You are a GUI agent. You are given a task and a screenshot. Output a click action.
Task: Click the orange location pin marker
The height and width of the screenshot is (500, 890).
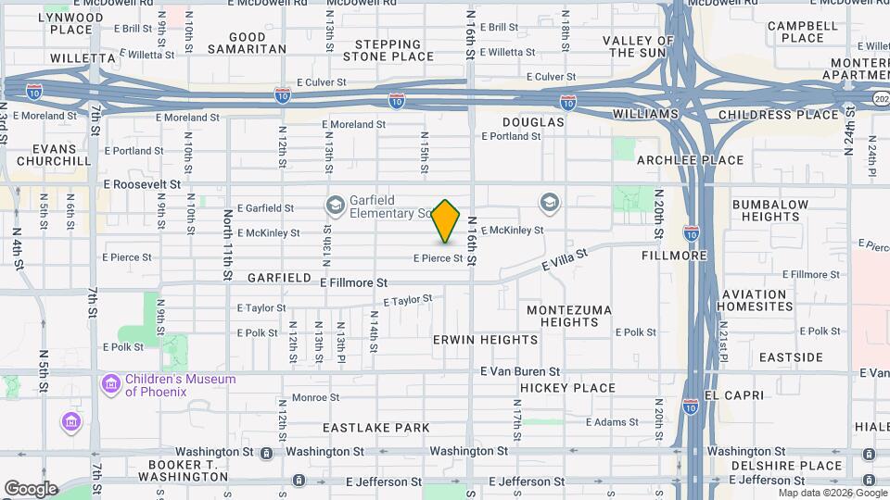coord(446,220)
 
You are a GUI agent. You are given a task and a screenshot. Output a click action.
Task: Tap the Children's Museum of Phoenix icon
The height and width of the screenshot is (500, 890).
coord(111,382)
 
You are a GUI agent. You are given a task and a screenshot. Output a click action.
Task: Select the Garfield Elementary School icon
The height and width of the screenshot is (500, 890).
coord(335,204)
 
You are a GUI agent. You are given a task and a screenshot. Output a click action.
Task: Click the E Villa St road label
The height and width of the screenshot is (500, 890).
coord(566,260)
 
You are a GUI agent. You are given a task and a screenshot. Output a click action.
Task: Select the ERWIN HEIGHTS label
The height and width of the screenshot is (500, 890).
coord(485,340)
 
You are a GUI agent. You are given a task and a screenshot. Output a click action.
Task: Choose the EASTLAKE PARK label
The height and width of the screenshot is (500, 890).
coord(376,428)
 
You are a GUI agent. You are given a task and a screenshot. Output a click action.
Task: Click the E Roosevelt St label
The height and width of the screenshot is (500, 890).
coord(142,184)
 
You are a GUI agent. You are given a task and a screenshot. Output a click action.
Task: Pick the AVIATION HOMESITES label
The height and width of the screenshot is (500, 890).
coord(754,300)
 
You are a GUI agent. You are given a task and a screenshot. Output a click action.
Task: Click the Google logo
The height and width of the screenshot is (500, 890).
coord(31,488)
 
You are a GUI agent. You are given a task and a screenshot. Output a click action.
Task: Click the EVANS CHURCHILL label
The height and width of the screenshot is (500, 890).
coord(46,154)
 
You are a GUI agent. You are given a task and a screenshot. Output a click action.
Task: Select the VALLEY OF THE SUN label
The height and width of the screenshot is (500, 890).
coord(638,46)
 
